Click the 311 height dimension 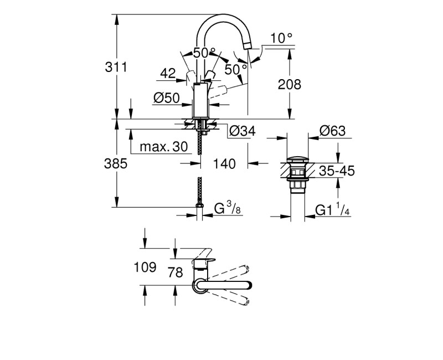[x=116, y=67]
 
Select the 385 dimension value [x=116, y=164]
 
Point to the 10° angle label [x=281, y=38]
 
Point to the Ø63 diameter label [x=332, y=131]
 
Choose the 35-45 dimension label [x=337, y=171]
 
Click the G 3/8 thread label [x=227, y=209]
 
